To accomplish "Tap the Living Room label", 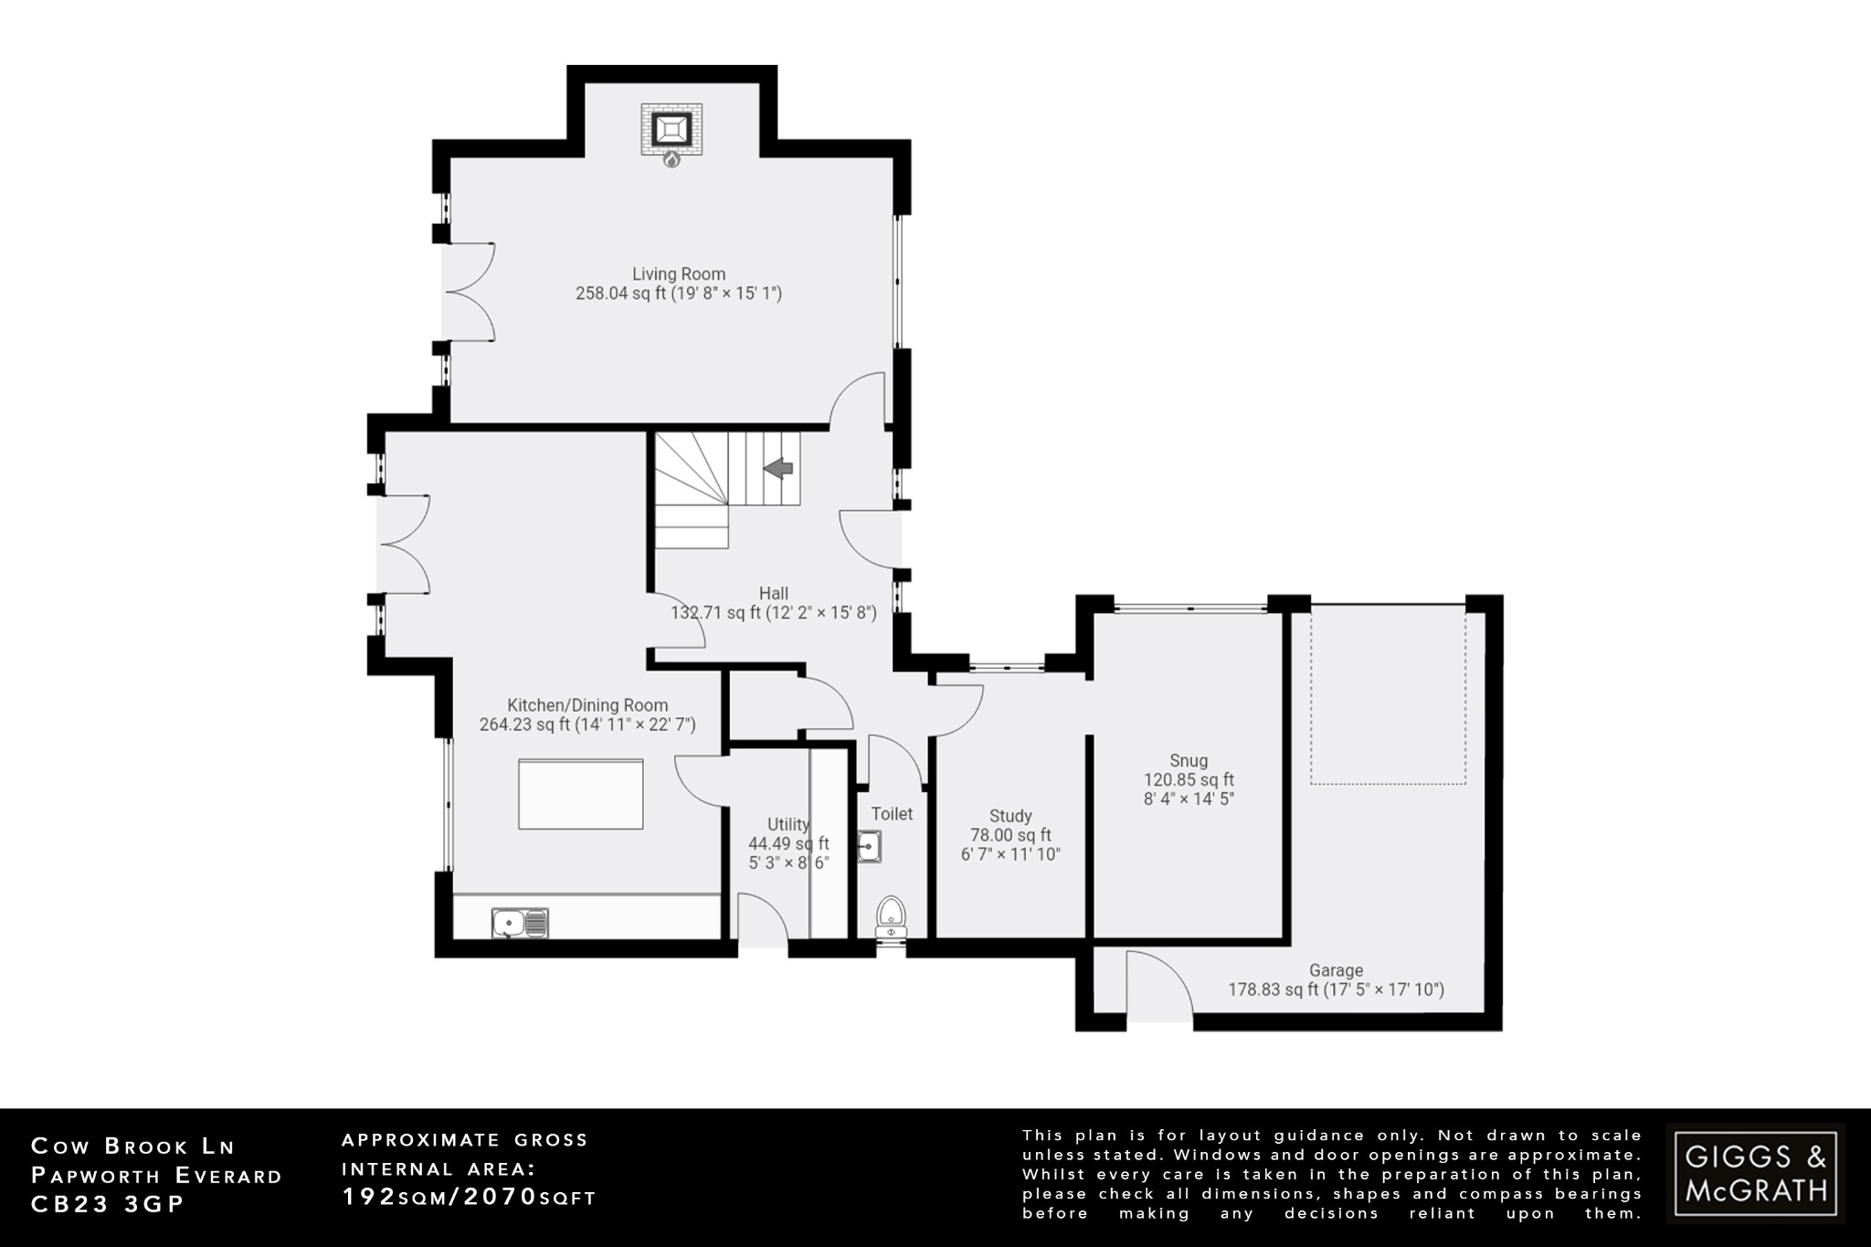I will [x=679, y=274].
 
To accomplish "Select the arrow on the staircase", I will [x=778, y=469].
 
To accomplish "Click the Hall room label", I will [x=773, y=594].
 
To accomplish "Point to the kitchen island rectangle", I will [x=581, y=794].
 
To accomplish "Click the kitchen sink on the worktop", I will [x=519, y=923].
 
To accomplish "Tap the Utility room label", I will [x=788, y=824].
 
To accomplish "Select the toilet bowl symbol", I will [x=891, y=913].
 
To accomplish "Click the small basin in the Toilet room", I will [x=869, y=847].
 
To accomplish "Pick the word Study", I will [x=1010, y=816].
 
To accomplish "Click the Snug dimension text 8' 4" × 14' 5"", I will [x=1189, y=799].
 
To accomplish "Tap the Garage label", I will [x=1336, y=970].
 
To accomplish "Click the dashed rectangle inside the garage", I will [x=1388, y=699].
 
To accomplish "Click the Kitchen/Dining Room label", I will [x=587, y=705].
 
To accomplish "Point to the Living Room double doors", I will [x=468, y=292].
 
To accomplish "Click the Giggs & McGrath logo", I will [x=1755, y=1174].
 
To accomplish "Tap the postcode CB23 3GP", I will [x=108, y=1204].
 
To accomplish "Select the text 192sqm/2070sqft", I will [x=469, y=1197].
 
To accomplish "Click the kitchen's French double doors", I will [x=403, y=544].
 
